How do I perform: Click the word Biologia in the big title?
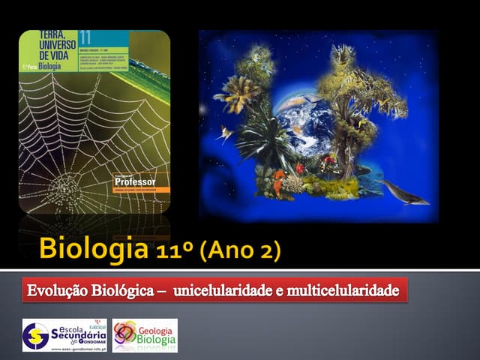[x=94, y=248]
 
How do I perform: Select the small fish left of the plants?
[x=223, y=134]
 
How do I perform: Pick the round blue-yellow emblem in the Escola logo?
[x=35, y=335]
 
